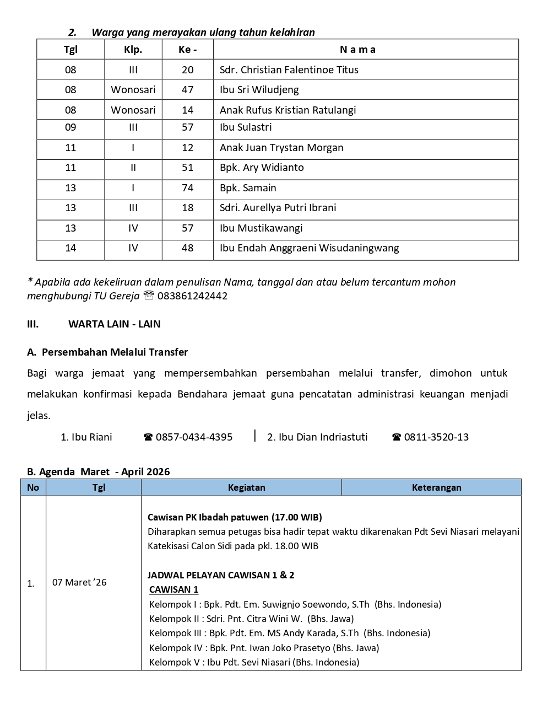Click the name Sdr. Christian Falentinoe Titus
coord(289,70)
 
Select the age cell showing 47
coord(187,90)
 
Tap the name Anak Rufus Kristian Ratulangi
coord(288,110)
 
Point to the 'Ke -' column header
coord(187,50)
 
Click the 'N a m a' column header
coord(357,50)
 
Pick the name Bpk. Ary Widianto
coord(262,168)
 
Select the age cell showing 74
coord(187,188)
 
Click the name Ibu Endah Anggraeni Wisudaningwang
coord(309,248)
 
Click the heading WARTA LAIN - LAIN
coord(114,324)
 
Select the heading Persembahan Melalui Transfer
coord(115,352)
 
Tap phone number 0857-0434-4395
coord(194,437)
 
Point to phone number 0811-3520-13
coord(436,437)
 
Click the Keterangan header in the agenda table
coord(436,487)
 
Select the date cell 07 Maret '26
coord(79,582)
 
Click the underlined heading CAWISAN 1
coord(173,589)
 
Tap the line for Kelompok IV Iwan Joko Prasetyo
coord(264,648)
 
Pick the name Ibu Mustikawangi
coord(261,228)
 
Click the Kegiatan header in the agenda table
coord(246,487)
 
